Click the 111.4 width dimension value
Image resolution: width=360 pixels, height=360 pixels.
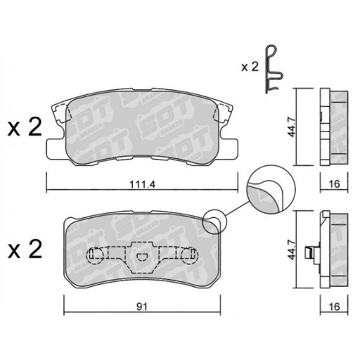[143, 185]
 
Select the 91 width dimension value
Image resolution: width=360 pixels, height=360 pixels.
[142, 307]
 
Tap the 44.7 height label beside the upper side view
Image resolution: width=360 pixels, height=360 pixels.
[292, 127]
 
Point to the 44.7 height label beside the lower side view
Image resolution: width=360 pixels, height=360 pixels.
[292, 249]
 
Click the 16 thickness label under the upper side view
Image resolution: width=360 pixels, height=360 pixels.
[334, 184]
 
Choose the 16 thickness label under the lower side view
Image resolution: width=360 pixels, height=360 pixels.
[334, 307]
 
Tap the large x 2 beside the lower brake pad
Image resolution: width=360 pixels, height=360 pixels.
[25, 249]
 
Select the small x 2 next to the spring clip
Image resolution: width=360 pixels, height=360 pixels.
[250, 67]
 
